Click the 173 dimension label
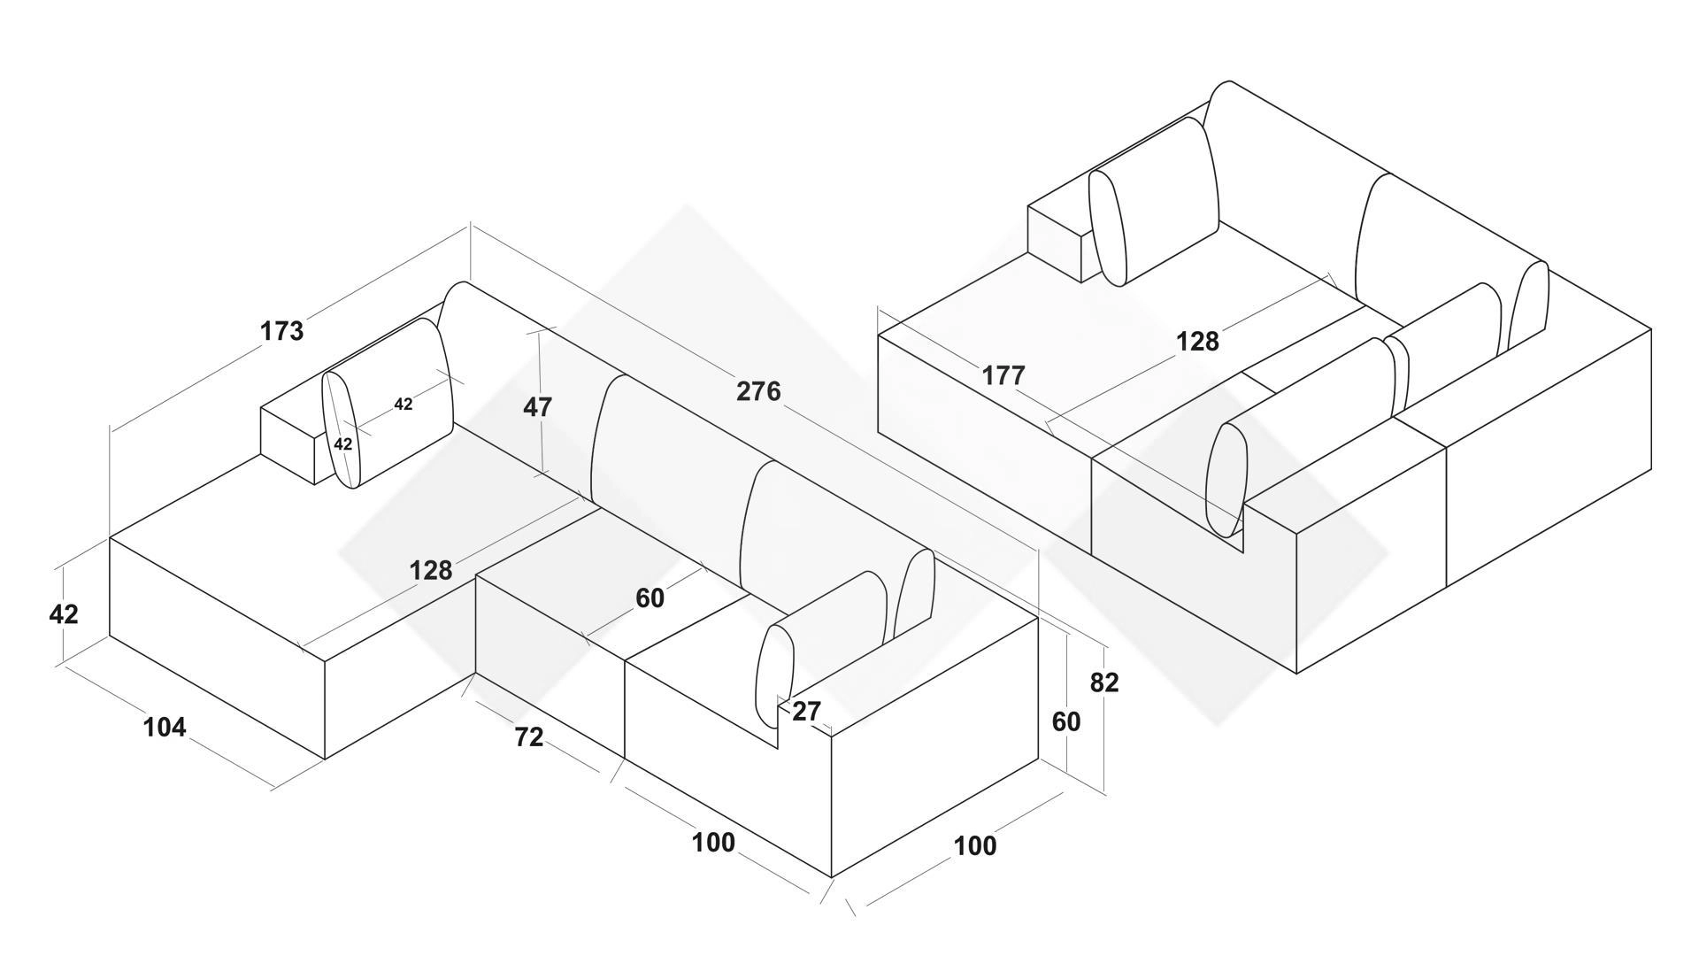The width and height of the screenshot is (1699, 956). click(282, 331)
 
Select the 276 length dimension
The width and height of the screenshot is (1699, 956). click(758, 391)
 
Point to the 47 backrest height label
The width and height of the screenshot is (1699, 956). click(538, 407)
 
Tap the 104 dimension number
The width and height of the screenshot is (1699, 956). click(165, 728)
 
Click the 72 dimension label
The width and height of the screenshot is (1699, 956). click(529, 736)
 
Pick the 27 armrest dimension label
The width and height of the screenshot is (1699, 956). click(806, 712)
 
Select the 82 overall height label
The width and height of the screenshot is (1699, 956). click(1104, 682)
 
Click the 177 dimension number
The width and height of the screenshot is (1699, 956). click(1003, 376)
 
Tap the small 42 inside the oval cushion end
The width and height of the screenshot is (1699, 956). click(342, 444)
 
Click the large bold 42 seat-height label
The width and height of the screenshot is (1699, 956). click(64, 614)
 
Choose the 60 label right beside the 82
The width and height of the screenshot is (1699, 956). click(1066, 722)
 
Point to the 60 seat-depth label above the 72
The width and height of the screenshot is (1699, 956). click(650, 599)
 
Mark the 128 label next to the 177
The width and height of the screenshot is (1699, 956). click(1197, 342)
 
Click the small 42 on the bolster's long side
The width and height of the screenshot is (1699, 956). click(404, 405)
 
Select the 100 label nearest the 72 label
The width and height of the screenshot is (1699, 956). click(713, 843)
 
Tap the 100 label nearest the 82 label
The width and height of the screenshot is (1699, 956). click(975, 846)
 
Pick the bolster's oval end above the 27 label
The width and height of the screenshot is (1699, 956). click(774, 676)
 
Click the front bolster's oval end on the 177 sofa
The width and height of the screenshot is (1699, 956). click(1227, 481)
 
